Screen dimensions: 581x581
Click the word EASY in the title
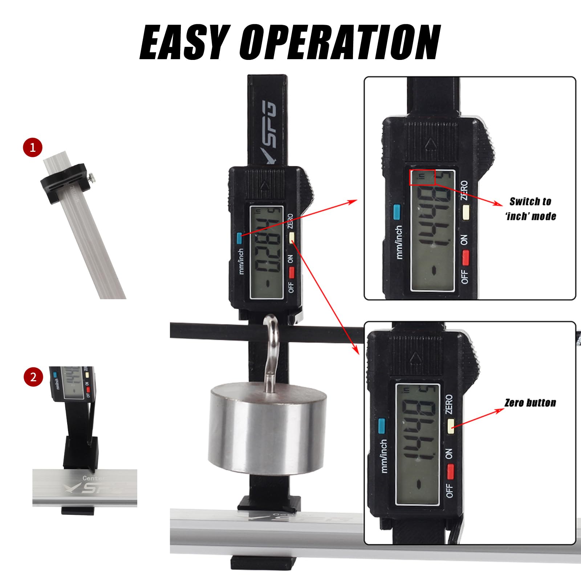click(x=184, y=42)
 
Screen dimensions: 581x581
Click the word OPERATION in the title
click(x=340, y=42)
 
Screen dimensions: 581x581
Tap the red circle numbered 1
click(x=33, y=148)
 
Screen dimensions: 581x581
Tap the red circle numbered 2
click(x=33, y=377)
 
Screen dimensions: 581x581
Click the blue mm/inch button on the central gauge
click(x=239, y=238)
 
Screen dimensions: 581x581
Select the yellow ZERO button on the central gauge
click(x=292, y=238)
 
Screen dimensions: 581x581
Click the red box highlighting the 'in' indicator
click(x=422, y=177)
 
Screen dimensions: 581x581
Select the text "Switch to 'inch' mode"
click(x=531, y=209)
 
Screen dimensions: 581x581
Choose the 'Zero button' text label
click(x=530, y=403)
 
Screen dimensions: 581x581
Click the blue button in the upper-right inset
click(x=397, y=212)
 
